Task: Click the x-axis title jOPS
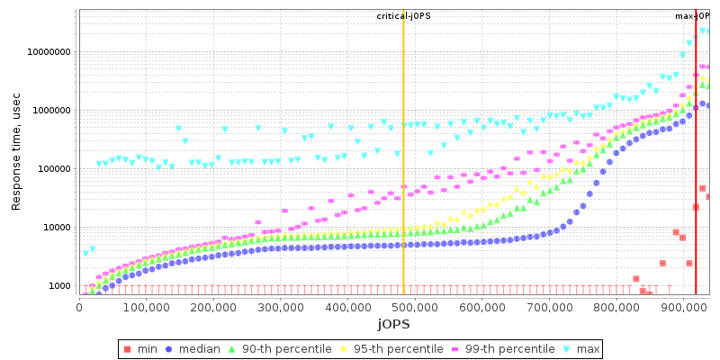[x=393, y=323]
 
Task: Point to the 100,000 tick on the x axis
[x=147, y=306]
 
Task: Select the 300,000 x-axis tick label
[x=281, y=306]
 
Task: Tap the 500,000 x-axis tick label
[x=415, y=306]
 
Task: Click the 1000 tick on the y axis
[x=59, y=286]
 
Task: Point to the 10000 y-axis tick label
[x=57, y=228]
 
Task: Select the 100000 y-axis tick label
[x=54, y=169]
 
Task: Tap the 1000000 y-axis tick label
[x=51, y=111]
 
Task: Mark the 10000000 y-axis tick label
[x=49, y=52]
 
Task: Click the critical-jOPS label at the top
[x=401, y=16]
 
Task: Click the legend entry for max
[x=581, y=348]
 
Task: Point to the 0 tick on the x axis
[x=79, y=306]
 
